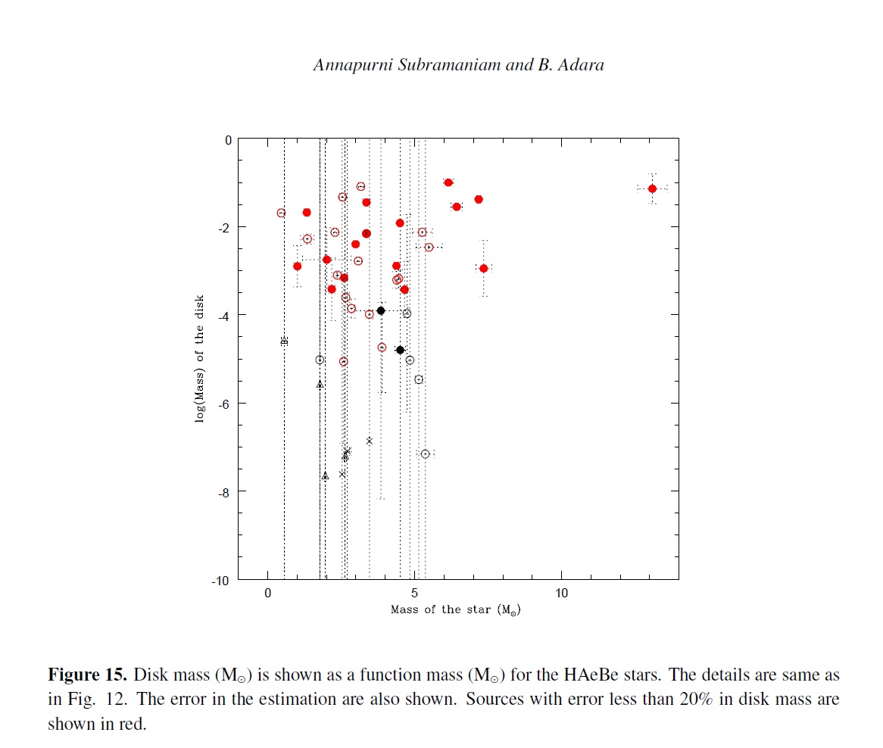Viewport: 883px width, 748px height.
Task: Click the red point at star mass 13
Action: click(x=652, y=189)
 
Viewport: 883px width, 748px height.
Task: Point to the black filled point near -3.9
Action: click(x=381, y=310)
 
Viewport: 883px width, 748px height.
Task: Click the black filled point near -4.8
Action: click(x=400, y=350)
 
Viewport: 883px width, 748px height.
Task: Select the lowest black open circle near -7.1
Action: click(x=425, y=453)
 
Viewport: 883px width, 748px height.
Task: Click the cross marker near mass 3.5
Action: click(x=369, y=441)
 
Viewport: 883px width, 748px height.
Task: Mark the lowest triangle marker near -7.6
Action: click(x=325, y=476)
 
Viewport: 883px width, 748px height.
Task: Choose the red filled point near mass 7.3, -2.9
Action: click(x=483, y=268)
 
